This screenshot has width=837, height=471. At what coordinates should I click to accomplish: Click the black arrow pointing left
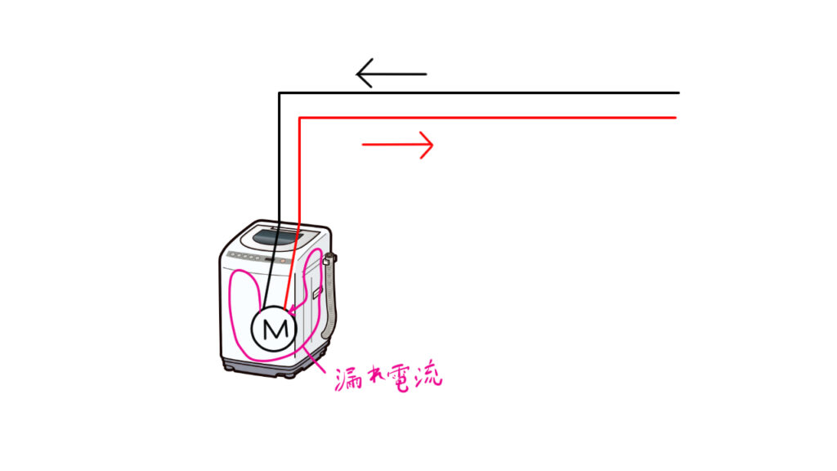[x=392, y=74]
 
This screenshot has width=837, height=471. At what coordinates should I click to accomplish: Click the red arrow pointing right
[x=398, y=145]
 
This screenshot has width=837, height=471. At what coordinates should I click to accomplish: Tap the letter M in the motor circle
[x=275, y=330]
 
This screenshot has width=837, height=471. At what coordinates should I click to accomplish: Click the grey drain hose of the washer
[x=330, y=299]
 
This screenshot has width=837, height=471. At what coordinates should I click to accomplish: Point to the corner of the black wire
[x=280, y=93]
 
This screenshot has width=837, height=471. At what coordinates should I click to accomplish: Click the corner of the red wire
[x=300, y=118]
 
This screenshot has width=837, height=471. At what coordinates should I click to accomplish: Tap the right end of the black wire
[x=679, y=93]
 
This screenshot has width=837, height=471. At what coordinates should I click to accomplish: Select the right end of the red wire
[x=676, y=118]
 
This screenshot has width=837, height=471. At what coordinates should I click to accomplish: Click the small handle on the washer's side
[x=317, y=292]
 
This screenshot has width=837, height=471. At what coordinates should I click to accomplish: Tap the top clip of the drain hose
[x=327, y=260]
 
